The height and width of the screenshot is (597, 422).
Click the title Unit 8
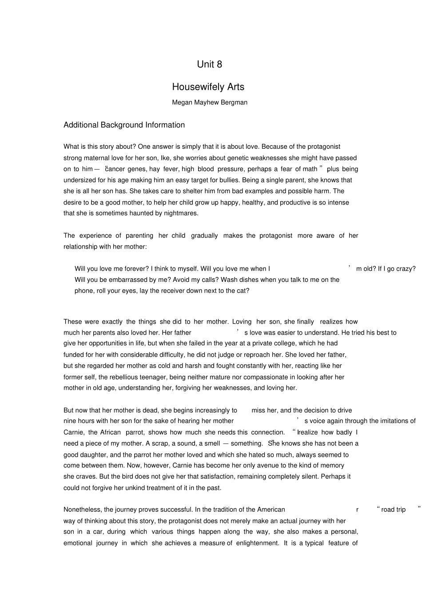pos(209,64)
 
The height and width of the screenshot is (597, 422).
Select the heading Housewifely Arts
pos(208,87)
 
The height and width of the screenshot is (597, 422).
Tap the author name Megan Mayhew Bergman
pos(209,103)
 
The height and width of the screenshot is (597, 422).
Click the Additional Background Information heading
pos(124,125)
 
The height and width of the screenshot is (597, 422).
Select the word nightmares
pos(181,213)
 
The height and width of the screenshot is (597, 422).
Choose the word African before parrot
pos(110,432)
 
